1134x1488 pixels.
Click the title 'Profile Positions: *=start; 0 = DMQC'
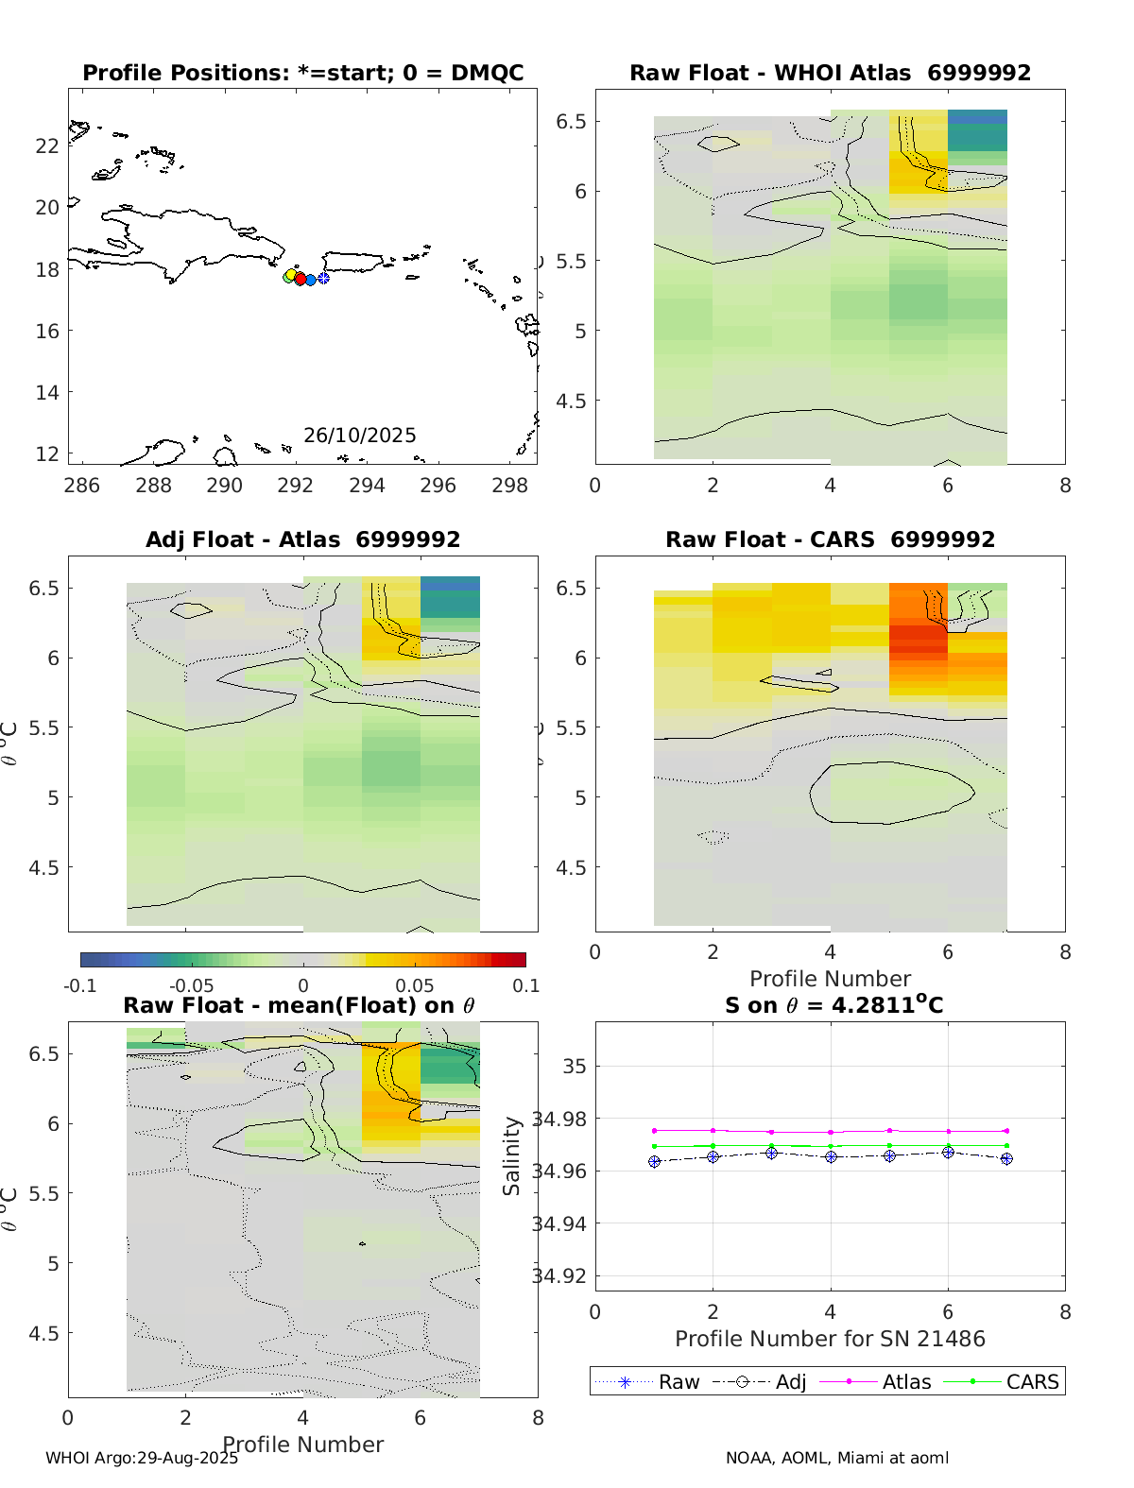tap(302, 73)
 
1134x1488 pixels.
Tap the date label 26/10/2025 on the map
tap(359, 436)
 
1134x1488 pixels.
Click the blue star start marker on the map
tap(323, 278)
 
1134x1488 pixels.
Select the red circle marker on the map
tap(300, 279)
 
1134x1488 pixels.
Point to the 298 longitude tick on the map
tap(510, 486)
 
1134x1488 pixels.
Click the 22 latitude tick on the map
tap(47, 145)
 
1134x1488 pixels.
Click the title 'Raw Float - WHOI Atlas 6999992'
tap(830, 73)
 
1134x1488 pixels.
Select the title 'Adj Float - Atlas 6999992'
tap(302, 539)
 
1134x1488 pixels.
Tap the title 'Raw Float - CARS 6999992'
tap(830, 539)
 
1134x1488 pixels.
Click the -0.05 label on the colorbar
tap(191, 986)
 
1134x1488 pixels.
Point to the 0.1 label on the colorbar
tap(526, 986)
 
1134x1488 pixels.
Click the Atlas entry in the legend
tap(906, 1382)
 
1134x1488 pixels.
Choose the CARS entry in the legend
tap(1032, 1382)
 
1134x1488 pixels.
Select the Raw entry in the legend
tap(679, 1382)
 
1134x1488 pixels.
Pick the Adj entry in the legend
tap(791, 1382)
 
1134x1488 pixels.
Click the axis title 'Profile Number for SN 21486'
tap(830, 1339)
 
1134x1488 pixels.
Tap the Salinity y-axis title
tap(512, 1156)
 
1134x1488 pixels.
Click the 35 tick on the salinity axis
tap(575, 1067)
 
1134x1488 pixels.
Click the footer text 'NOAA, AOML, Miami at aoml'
tap(837, 1458)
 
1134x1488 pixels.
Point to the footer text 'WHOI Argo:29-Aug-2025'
tap(142, 1458)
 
